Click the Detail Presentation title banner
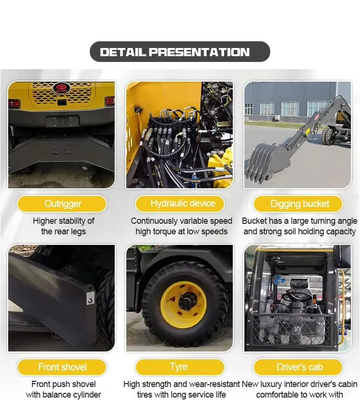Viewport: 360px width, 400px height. (x=180, y=52)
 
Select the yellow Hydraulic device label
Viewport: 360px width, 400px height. (x=180, y=204)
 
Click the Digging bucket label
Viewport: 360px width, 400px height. (x=298, y=204)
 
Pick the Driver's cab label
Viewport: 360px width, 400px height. (x=298, y=367)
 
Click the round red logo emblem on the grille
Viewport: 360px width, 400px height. (x=61, y=87)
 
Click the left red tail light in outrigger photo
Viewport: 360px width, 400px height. (x=14, y=103)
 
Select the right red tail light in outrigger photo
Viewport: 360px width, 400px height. (x=110, y=101)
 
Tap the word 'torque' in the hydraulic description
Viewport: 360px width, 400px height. (x=168, y=231)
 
